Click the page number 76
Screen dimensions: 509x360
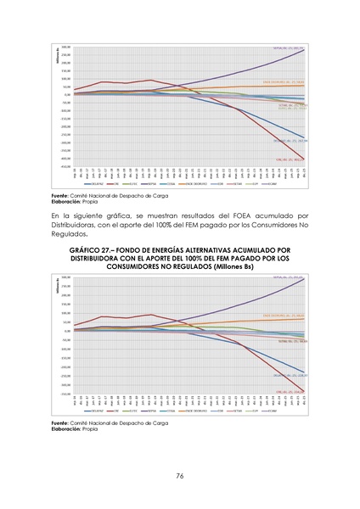click(180, 476)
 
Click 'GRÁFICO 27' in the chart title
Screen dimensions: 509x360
click(91, 251)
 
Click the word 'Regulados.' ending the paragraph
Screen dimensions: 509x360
click(71, 235)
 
